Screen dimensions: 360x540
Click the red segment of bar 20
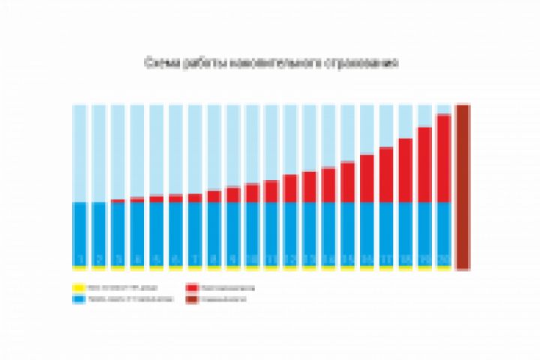[x=444, y=158]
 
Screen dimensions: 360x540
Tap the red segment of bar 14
[x=328, y=185]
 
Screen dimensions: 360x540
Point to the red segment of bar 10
[x=252, y=193]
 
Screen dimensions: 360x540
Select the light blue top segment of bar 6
[x=175, y=150]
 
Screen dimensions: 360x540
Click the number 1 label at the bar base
[x=79, y=260]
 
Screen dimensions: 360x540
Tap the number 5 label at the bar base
[x=156, y=260]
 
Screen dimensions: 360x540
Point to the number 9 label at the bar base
[x=232, y=260]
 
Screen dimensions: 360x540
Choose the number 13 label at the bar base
[x=310, y=260]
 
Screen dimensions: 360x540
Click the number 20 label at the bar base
[x=444, y=260]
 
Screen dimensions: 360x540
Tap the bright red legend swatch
[x=193, y=287]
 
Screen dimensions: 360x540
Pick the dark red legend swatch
[x=193, y=299]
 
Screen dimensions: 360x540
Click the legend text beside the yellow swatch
[x=112, y=287]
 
